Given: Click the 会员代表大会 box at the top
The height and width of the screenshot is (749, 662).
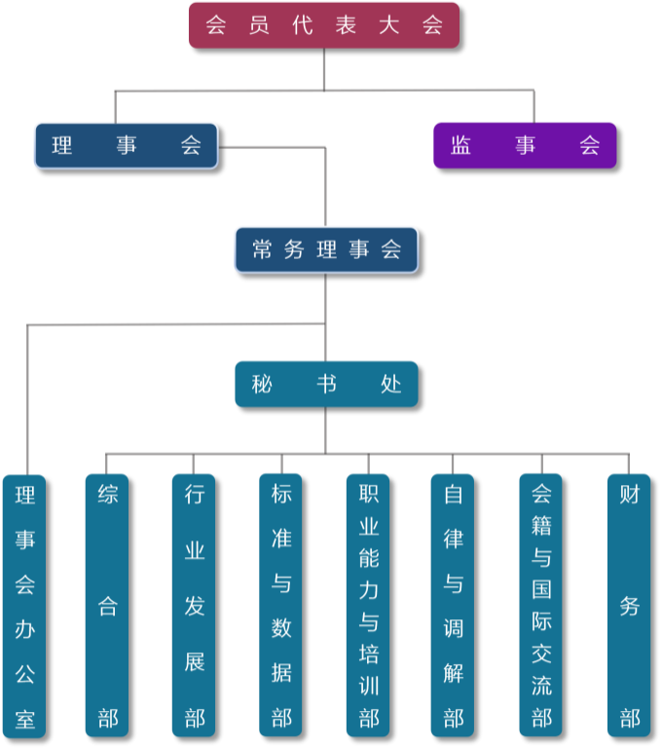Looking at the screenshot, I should [x=323, y=25].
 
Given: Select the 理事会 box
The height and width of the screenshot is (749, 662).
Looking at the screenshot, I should [x=126, y=145].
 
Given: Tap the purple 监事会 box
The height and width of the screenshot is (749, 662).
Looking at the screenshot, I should [x=525, y=145].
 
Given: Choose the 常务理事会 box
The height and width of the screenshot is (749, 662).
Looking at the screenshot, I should [x=326, y=249].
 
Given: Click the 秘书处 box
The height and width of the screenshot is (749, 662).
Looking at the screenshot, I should [x=326, y=384].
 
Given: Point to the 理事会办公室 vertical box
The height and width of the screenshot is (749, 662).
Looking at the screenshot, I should [x=24, y=606].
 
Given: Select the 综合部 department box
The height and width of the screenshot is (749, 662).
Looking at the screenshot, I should [x=107, y=605].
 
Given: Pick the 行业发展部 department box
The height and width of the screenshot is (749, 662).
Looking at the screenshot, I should [x=194, y=605].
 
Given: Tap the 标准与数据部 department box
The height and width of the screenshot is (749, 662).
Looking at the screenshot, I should [x=280, y=605].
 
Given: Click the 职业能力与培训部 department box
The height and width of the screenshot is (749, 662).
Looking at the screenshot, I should [x=368, y=605].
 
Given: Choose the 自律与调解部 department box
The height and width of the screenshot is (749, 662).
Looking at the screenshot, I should [x=453, y=605].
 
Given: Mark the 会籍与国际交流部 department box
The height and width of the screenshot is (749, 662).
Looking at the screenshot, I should [x=540, y=605].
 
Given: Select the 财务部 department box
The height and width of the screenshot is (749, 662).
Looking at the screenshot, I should [x=628, y=605].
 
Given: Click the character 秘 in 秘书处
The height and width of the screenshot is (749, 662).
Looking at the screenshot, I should [x=262, y=384].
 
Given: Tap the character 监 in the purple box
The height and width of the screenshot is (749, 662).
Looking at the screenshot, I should [x=461, y=145].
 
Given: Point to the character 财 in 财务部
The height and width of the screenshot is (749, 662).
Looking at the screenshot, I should [x=629, y=494].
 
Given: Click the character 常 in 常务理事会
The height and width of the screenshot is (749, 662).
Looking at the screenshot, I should [x=262, y=249].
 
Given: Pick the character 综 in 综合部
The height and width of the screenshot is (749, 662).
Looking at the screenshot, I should [x=107, y=494].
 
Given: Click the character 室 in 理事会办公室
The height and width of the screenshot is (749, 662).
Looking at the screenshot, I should [x=24, y=720].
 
